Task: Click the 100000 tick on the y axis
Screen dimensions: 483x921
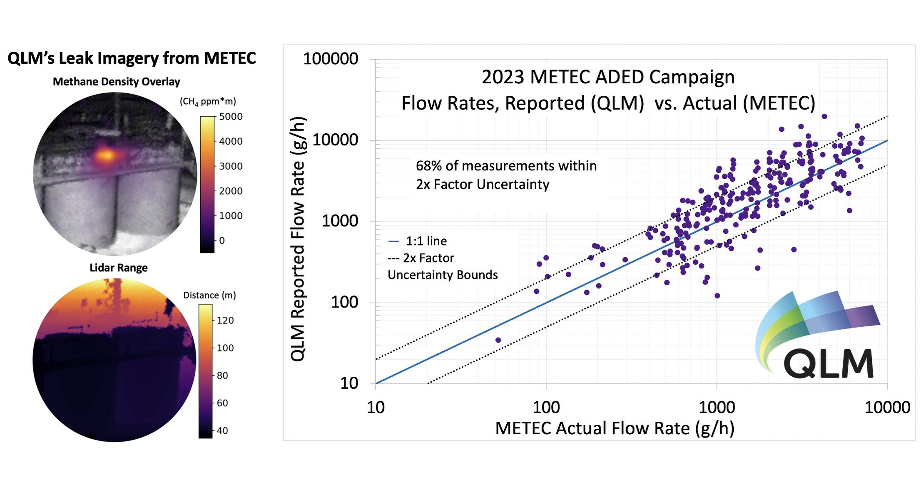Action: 331,59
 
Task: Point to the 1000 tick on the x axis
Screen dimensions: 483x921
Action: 717,407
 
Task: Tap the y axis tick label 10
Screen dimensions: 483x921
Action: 349,383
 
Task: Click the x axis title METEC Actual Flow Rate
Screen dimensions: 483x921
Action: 615,428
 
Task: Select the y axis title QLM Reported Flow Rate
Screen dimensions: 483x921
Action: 299,239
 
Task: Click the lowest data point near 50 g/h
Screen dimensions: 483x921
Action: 498,340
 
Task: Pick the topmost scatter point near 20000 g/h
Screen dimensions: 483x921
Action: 824,117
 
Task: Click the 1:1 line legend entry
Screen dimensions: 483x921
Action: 418,241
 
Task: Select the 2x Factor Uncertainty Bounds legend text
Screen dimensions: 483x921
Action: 442,266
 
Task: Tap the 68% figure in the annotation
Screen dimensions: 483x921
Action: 428,166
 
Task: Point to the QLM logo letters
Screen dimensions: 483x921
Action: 829,363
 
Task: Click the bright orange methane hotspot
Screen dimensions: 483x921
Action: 107,155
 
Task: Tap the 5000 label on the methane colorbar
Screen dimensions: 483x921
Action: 231,117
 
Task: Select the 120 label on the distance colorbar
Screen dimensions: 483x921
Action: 225,320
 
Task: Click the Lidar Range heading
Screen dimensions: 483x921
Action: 118,268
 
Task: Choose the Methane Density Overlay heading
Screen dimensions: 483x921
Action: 116,82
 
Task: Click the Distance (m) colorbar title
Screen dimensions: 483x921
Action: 209,295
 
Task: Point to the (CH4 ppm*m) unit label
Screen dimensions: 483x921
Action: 208,101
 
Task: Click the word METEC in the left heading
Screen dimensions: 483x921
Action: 230,58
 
